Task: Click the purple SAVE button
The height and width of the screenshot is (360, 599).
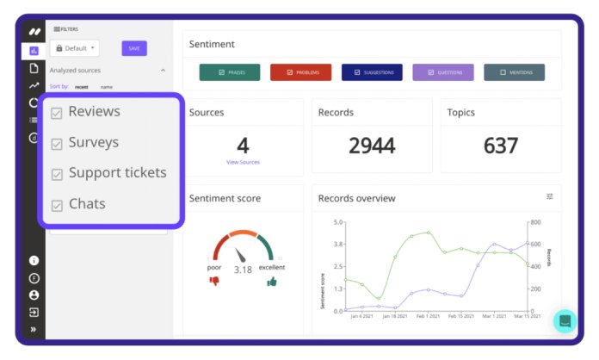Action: pyautogui.click(x=134, y=48)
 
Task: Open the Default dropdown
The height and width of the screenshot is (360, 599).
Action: pyautogui.click(x=75, y=48)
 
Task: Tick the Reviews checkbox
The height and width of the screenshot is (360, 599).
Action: pyautogui.click(x=57, y=113)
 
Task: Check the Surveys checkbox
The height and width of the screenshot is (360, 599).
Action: pyautogui.click(x=57, y=144)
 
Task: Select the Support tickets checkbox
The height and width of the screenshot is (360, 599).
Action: pyautogui.click(x=57, y=175)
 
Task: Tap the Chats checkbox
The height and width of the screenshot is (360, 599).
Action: pyautogui.click(x=57, y=206)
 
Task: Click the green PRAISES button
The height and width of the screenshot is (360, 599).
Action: pyautogui.click(x=230, y=72)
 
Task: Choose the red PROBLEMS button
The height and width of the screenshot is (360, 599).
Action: pyautogui.click(x=300, y=72)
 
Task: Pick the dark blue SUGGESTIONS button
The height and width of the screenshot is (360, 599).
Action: pyautogui.click(x=372, y=72)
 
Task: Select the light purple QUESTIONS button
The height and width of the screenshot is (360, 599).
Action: pyautogui.click(x=443, y=72)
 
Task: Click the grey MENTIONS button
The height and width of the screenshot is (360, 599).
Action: pyautogui.click(x=513, y=72)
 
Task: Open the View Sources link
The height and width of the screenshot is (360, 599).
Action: pyautogui.click(x=243, y=162)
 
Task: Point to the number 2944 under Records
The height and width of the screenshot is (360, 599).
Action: pyautogui.click(x=372, y=145)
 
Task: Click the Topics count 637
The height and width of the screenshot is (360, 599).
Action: pyautogui.click(x=500, y=145)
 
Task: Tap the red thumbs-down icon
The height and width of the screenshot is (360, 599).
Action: pyautogui.click(x=215, y=281)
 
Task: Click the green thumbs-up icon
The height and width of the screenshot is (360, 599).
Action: pyautogui.click(x=272, y=281)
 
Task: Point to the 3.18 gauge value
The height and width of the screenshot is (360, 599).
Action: pyautogui.click(x=243, y=270)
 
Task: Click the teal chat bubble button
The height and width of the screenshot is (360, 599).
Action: pyautogui.click(x=565, y=321)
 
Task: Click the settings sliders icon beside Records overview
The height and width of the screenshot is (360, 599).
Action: pyautogui.click(x=550, y=197)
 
